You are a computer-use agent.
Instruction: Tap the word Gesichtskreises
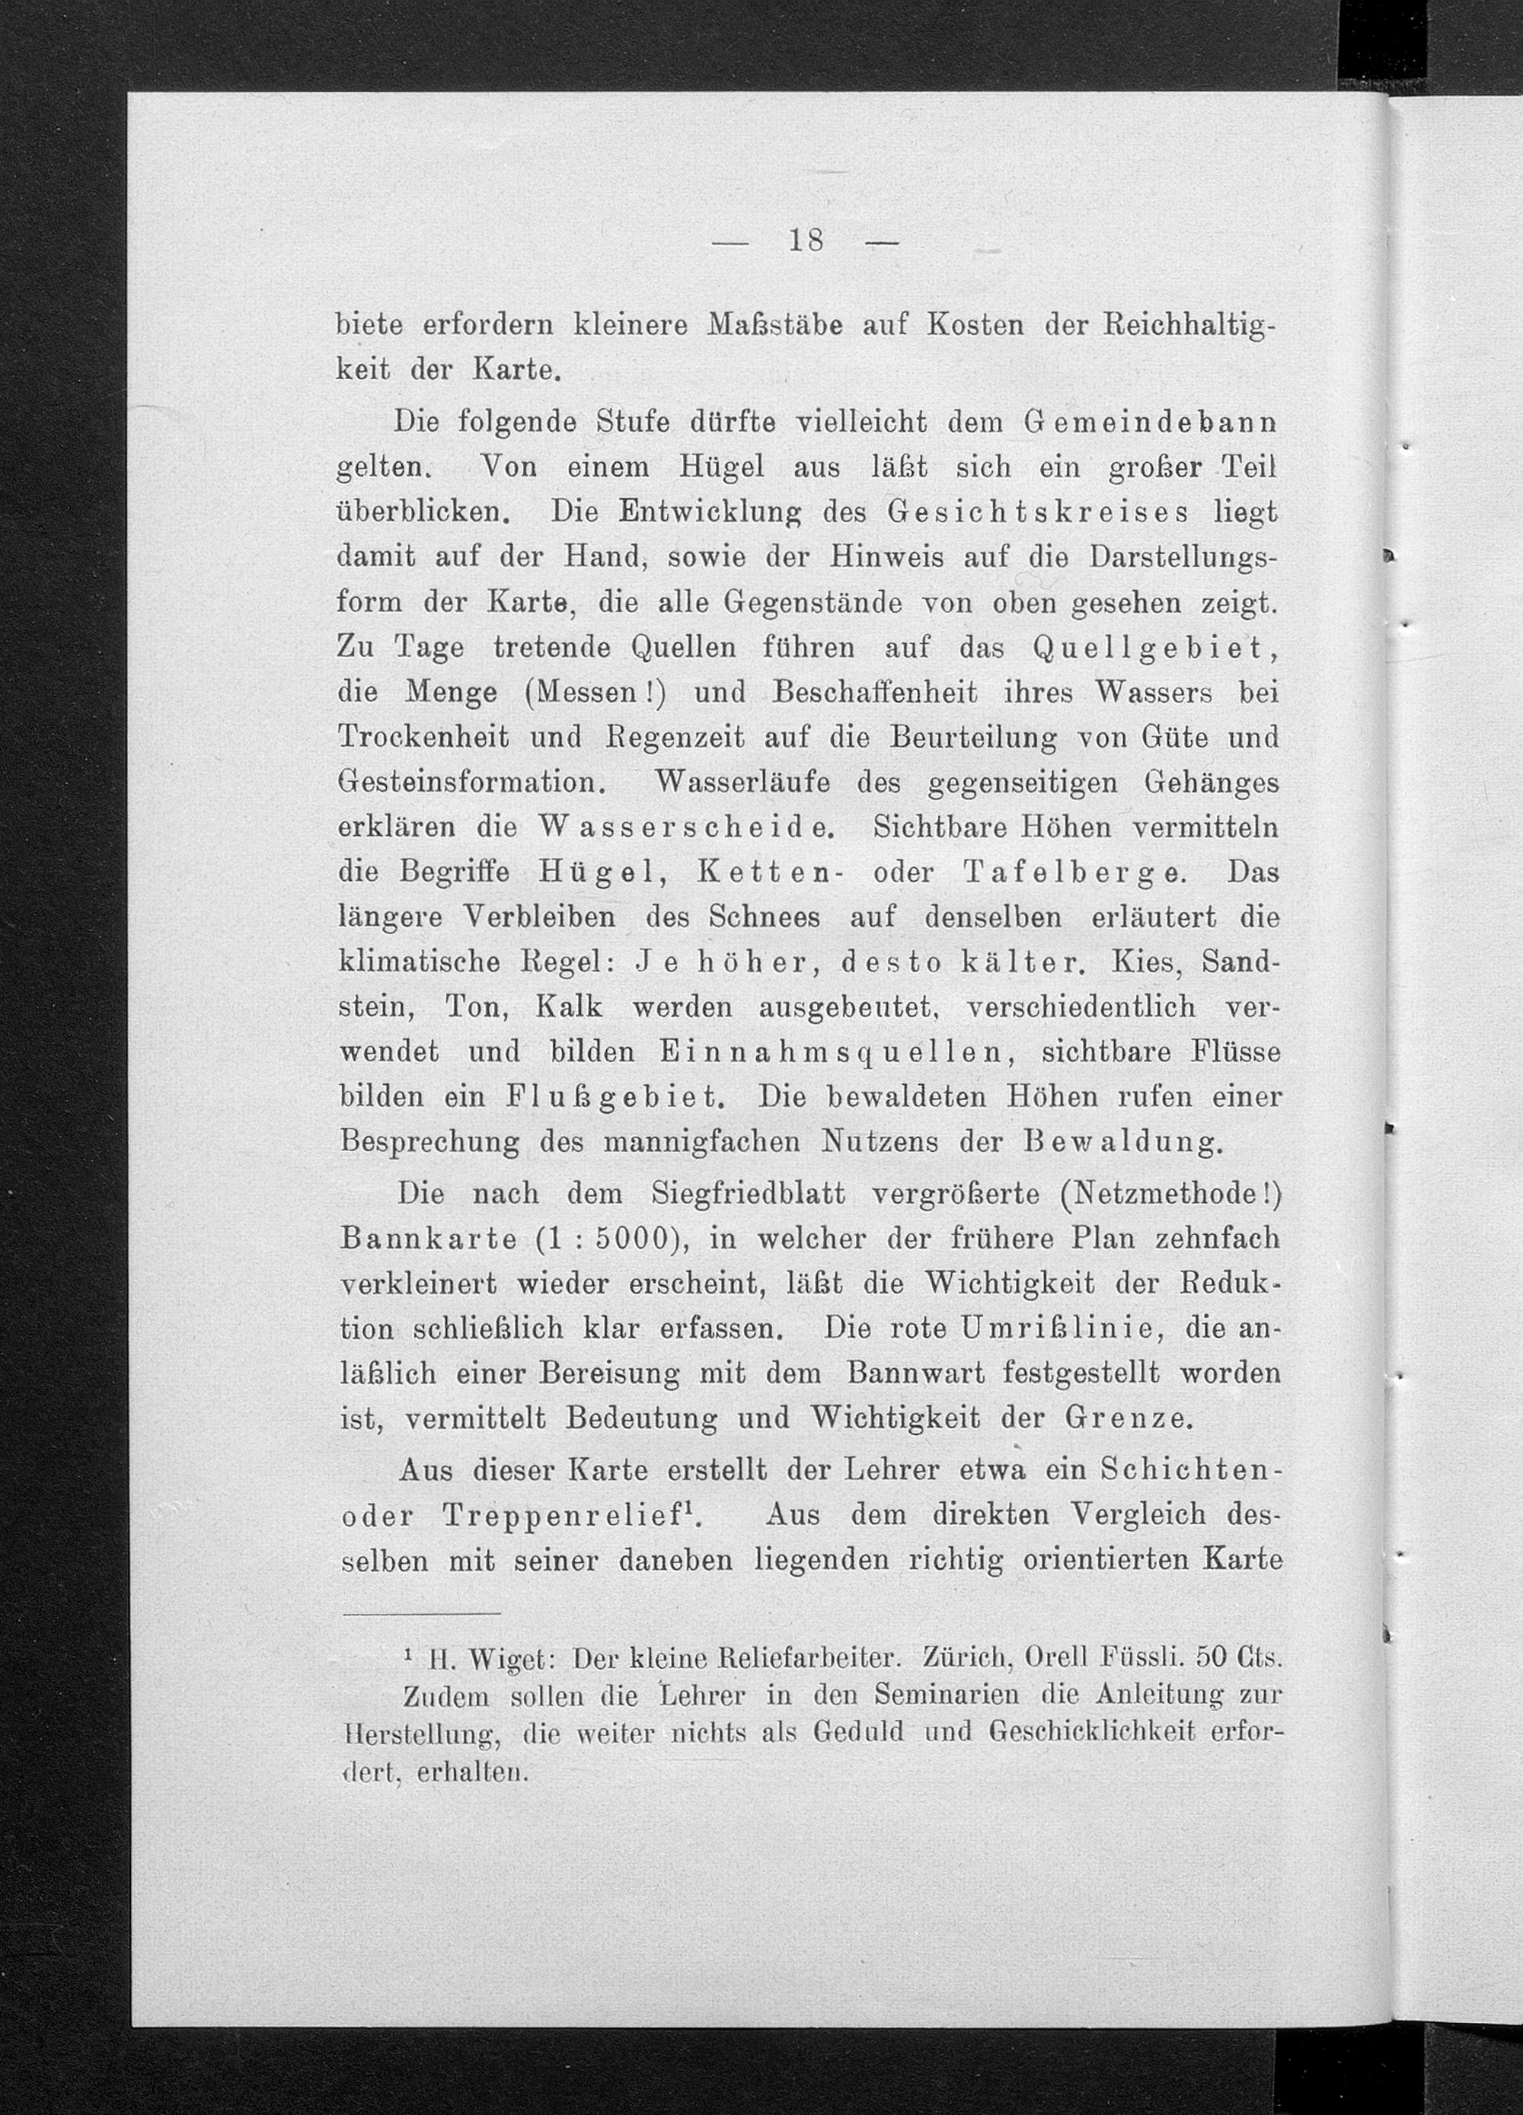click(1037, 513)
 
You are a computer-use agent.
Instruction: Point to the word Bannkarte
click(434, 1240)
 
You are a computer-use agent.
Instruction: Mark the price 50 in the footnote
click(1213, 1660)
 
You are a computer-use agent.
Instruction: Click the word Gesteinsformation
click(472, 783)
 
